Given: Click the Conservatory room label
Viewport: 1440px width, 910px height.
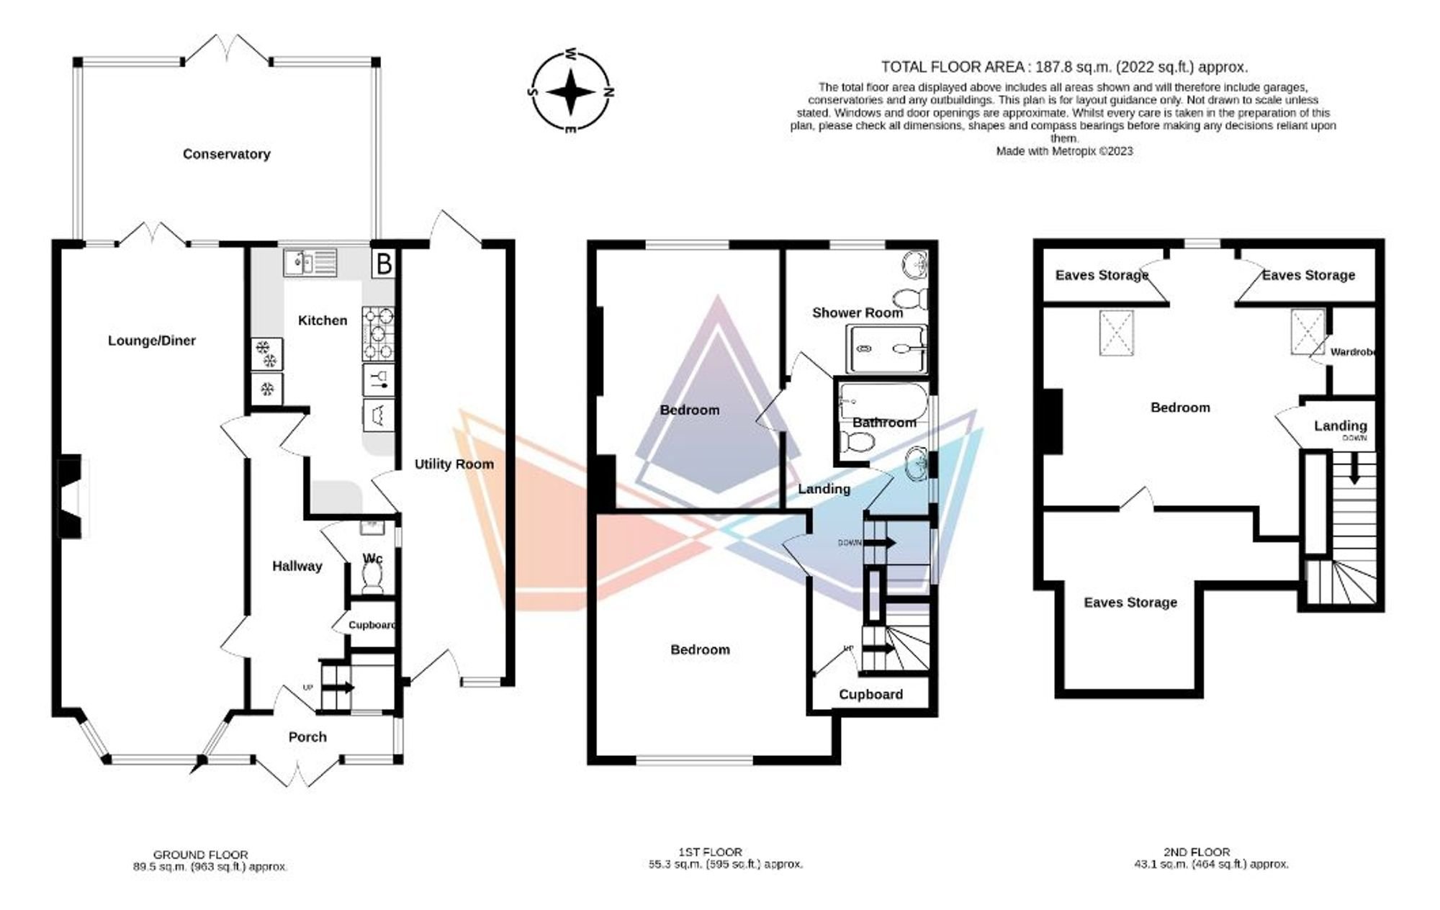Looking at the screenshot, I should (226, 154).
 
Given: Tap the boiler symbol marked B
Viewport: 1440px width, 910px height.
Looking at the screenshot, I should (384, 263).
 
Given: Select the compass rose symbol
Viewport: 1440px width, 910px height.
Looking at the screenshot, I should (571, 93).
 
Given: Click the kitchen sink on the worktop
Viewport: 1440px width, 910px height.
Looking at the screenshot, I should (310, 262).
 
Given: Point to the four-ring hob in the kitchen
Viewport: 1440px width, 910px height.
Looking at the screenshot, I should (378, 333).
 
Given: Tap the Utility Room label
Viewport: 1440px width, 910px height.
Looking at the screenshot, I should (454, 464).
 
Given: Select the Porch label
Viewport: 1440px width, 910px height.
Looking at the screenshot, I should (307, 737).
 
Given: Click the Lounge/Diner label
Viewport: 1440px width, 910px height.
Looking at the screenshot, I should (151, 341).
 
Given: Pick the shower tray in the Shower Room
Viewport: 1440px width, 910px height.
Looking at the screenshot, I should (887, 349).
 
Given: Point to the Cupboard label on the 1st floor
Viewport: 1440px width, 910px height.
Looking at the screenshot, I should (870, 695).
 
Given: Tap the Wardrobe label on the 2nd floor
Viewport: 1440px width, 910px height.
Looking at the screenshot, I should (1352, 352).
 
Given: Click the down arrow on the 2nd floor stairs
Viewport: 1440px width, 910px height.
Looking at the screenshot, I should (1354, 468).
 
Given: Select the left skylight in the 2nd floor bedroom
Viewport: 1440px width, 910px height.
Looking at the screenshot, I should (1117, 333).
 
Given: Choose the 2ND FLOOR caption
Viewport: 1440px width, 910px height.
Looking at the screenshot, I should (1197, 852).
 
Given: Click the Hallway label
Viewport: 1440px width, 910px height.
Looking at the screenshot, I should (297, 567).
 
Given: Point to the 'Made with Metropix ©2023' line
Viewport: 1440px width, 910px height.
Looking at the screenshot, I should (1064, 151).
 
